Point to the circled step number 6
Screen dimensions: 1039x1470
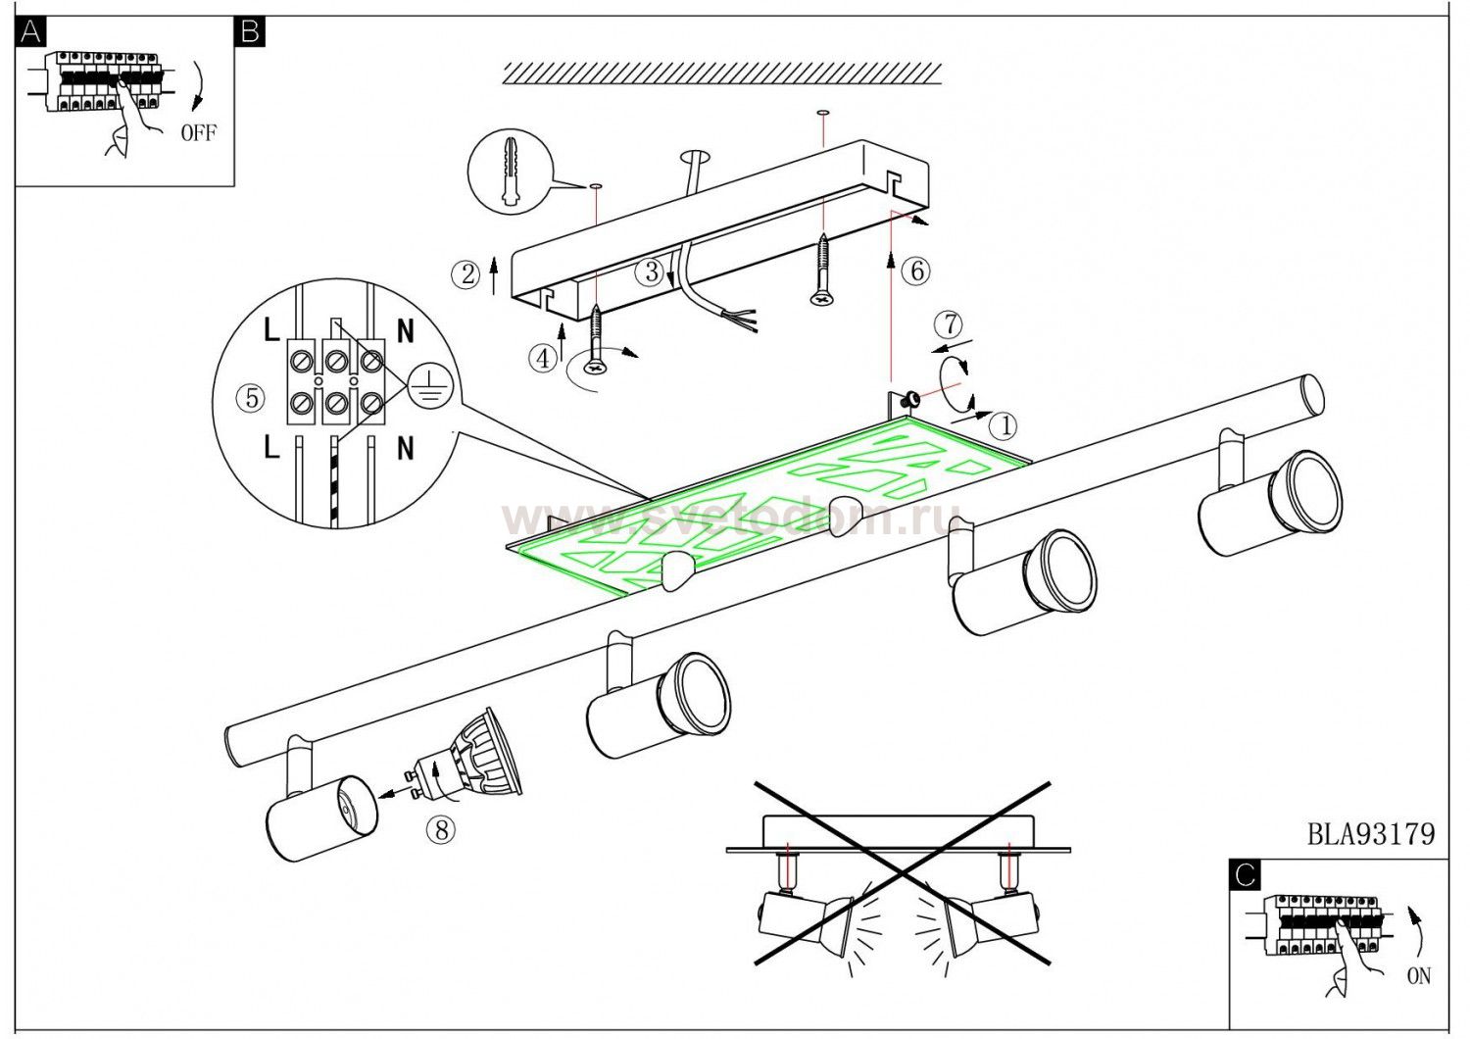click(x=915, y=271)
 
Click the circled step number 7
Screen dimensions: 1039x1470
click(x=949, y=324)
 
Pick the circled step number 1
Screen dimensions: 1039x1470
click(x=1003, y=424)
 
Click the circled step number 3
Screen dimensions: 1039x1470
click(x=652, y=272)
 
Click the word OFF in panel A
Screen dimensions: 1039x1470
click(x=198, y=133)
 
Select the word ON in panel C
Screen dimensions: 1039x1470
click(x=1418, y=976)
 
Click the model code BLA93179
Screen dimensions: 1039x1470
click(x=1371, y=834)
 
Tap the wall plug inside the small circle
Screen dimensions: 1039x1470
click(x=508, y=171)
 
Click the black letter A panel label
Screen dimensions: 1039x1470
click(x=30, y=31)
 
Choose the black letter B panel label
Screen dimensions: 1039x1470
click(x=250, y=31)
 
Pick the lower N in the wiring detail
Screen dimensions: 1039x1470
click(x=405, y=448)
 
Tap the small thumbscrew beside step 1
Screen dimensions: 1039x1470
click(x=910, y=397)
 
